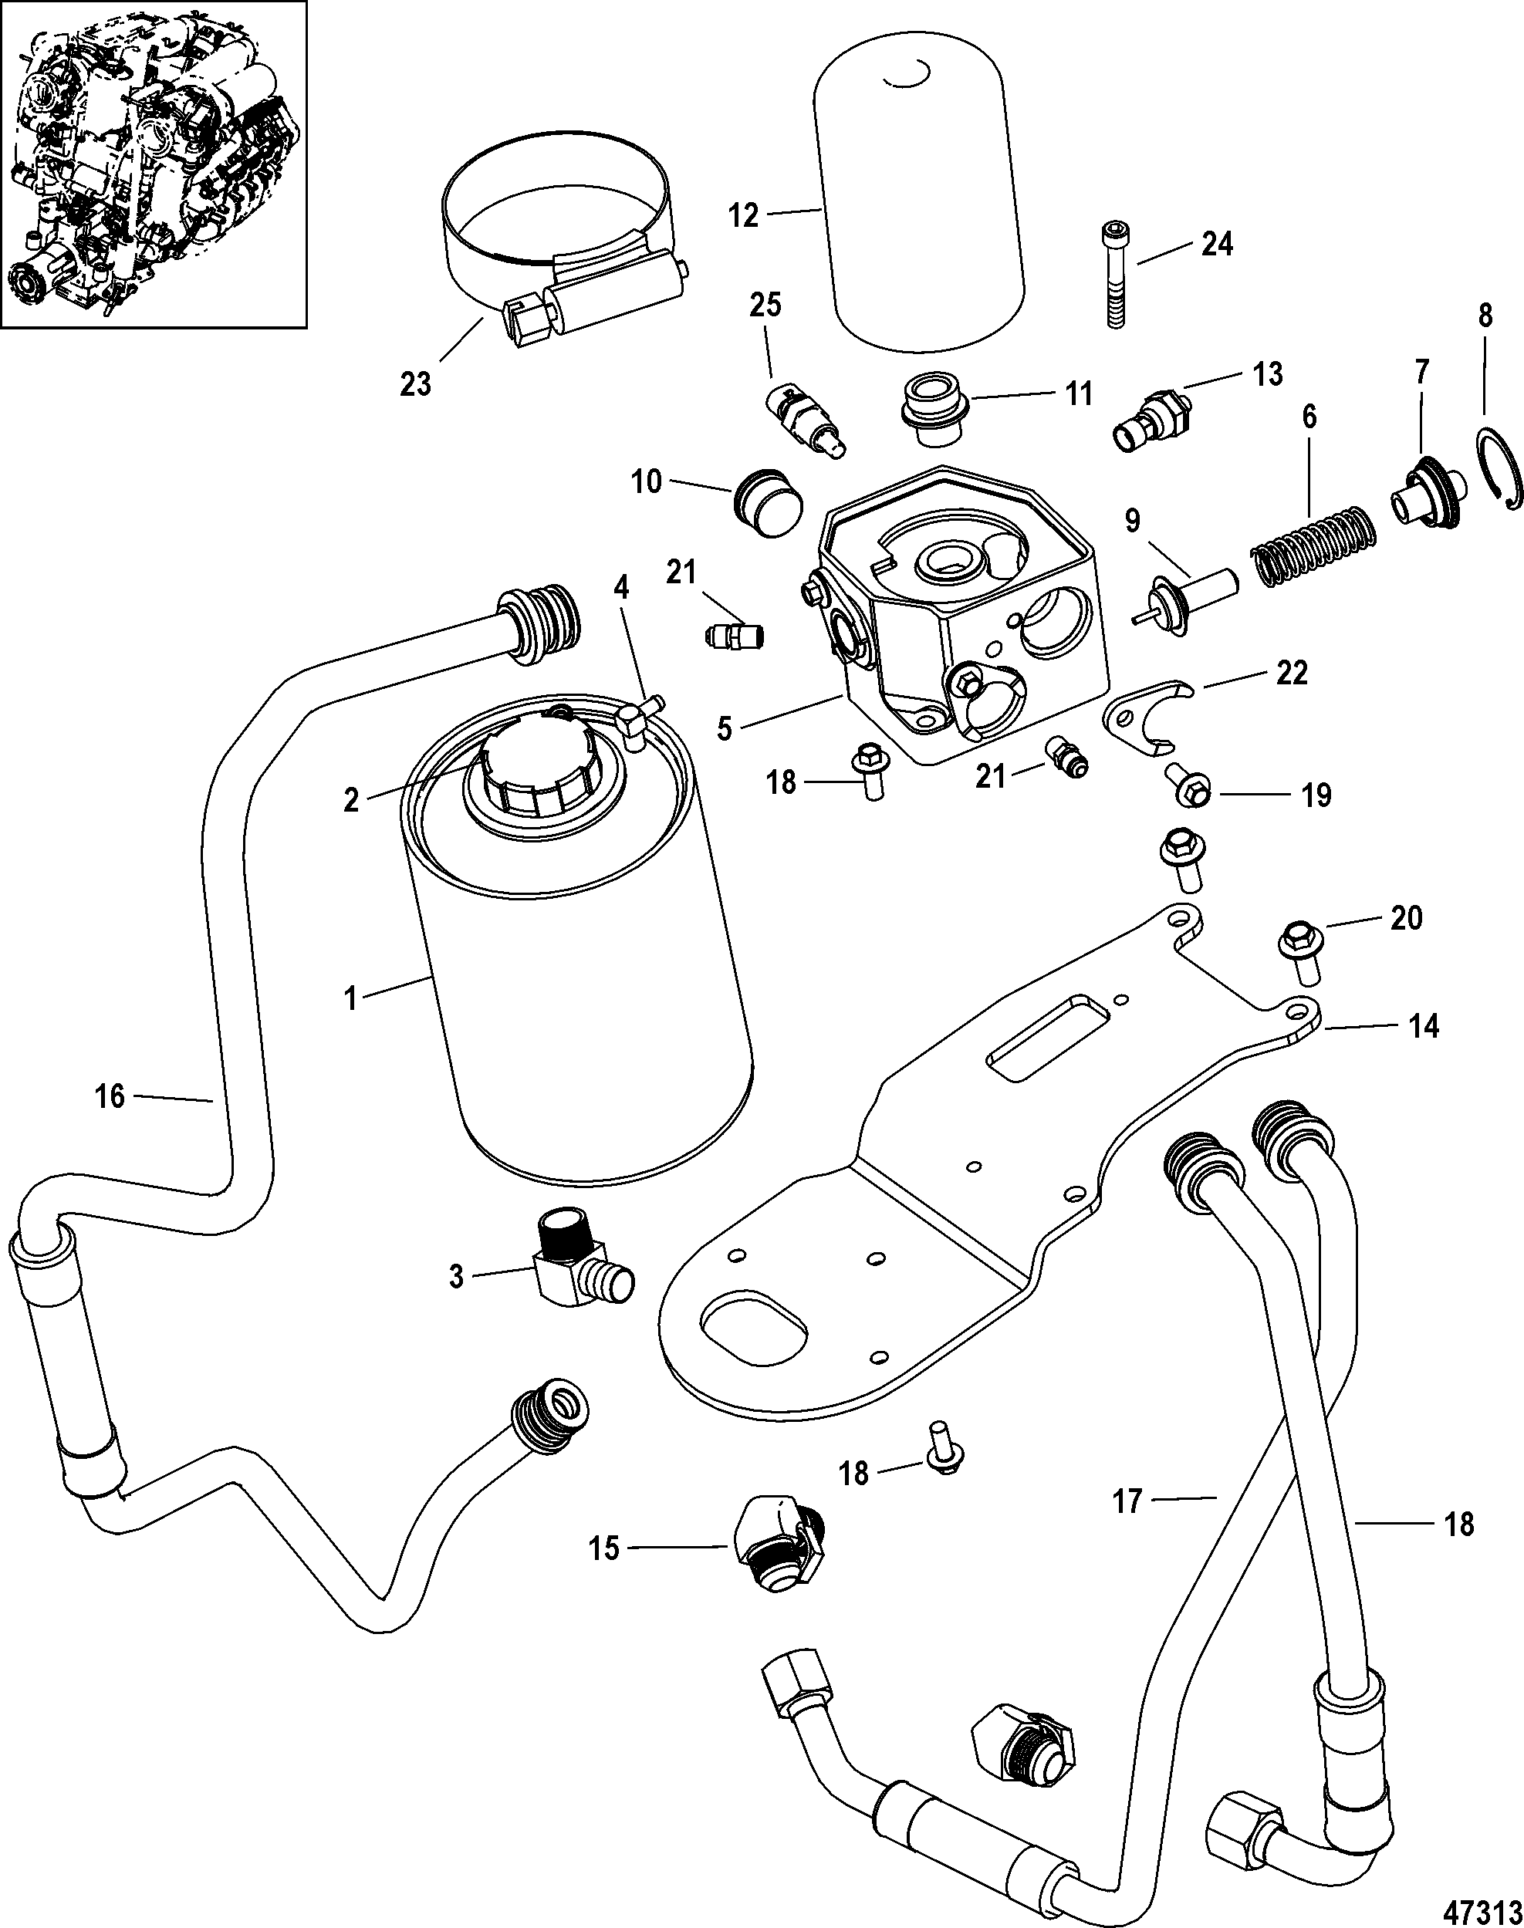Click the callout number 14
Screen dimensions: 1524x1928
pyautogui.click(x=1423, y=1027)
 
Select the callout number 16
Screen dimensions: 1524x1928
pyautogui.click(x=110, y=1096)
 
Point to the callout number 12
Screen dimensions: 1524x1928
pyautogui.click(x=743, y=215)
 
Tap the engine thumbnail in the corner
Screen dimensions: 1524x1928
pyautogui.click(x=154, y=164)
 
